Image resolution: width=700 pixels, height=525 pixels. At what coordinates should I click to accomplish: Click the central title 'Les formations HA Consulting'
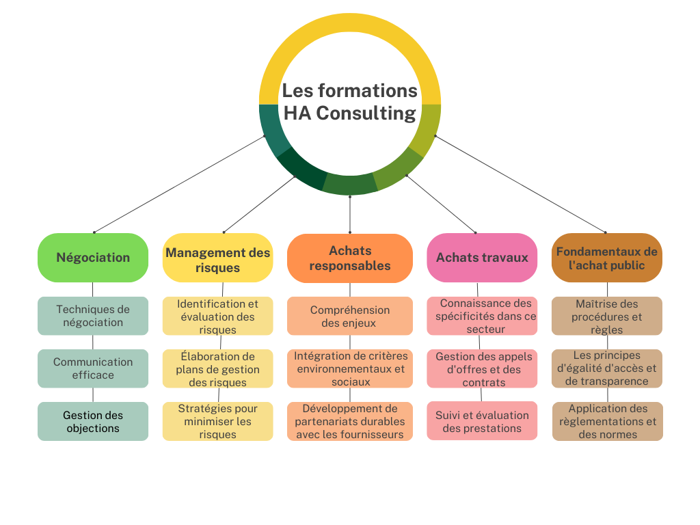tap(349, 102)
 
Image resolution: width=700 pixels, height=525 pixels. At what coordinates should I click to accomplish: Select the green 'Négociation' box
tap(93, 258)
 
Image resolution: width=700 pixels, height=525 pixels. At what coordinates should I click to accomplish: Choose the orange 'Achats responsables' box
tap(349, 258)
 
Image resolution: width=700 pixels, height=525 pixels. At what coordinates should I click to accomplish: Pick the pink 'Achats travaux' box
tap(482, 258)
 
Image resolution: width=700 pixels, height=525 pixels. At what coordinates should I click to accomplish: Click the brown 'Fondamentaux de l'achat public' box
tap(606, 258)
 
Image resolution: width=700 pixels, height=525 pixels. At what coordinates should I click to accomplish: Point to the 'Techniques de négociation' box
tap(93, 316)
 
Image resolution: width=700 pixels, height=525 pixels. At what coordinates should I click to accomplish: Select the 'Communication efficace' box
tap(93, 368)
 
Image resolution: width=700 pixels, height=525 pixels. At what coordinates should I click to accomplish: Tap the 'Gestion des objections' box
tap(93, 421)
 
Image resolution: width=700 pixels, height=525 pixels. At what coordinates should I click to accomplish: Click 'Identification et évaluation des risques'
tap(217, 317)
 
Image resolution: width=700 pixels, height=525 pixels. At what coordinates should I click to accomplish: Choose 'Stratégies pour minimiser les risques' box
tap(217, 421)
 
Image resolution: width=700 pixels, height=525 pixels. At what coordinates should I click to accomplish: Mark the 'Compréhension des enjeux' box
tap(349, 316)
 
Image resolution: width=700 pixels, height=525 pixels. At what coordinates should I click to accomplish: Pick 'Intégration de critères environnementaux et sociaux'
tap(349, 368)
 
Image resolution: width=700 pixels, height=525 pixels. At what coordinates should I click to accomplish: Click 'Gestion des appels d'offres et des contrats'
tap(482, 369)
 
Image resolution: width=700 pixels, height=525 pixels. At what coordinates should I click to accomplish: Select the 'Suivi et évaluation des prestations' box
tap(482, 421)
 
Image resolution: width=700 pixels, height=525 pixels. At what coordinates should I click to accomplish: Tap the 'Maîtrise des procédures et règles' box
tap(606, 316)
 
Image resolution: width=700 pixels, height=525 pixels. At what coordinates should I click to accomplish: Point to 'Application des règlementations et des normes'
tap(606, 421)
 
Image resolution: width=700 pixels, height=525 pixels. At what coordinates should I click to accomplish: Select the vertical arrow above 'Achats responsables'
tap(350, 213)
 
